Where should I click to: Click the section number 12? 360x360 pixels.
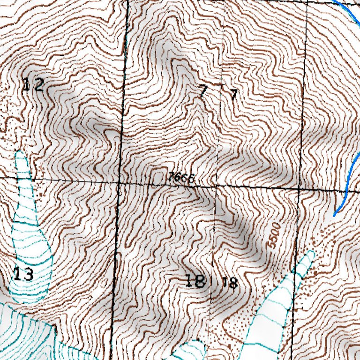pyautogui.click(x=33, y=85)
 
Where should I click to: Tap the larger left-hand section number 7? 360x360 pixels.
pyautogui.click(x=202, y=91)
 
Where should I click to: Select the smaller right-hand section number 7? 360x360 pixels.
pyautogui.click(x=233, y=95)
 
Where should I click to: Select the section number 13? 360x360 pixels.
pyautogui.click(x=23, y=274)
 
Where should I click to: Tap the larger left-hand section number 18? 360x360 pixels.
pyautogui.click(x=195, y=281)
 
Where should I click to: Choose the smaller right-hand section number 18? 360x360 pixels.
pyautogui.click(x=230, y=283)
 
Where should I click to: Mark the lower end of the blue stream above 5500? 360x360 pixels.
pyautogui.click(x=334, y=215)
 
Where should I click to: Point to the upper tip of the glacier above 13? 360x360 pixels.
pyautogui.click(x=20, y=153)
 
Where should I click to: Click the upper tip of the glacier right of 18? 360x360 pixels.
pyautogui.click(x=311, y=253)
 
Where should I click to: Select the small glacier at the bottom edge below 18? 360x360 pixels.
pyautogui.click(x=190, y=350)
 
